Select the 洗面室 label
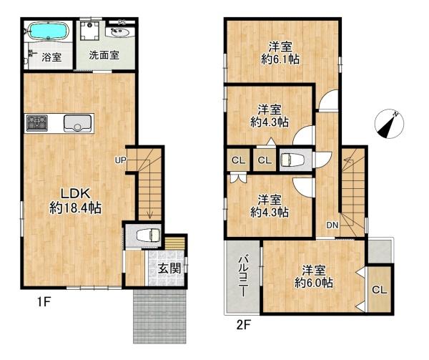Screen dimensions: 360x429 [104, 55]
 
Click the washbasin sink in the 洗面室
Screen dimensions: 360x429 [119, 32]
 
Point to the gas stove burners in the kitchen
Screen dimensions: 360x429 [36, 123]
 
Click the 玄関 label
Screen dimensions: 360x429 [169, 269]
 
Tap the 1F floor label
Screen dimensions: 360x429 [44, 303]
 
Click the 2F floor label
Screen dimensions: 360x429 [243, 323]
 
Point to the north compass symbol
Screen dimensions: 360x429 [388, 125]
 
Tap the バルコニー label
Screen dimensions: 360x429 [242, 277]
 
